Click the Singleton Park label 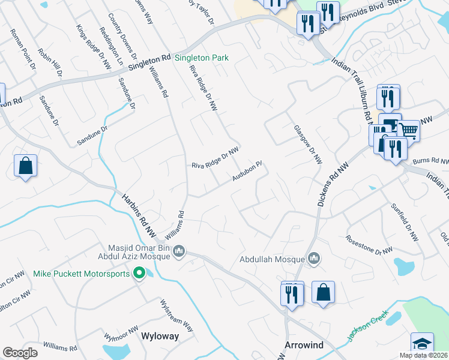tap(202, 59)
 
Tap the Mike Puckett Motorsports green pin tap(139, 274)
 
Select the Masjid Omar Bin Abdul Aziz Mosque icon tap(179, 253)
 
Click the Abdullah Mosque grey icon tap(313, 259)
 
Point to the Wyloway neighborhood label tap(160, 337)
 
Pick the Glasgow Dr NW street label tap(308, 145)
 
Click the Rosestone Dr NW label tap(369, 245)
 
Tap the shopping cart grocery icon tap(408, 129)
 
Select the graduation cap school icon tap(422, 344)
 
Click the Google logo tap(20, 353)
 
